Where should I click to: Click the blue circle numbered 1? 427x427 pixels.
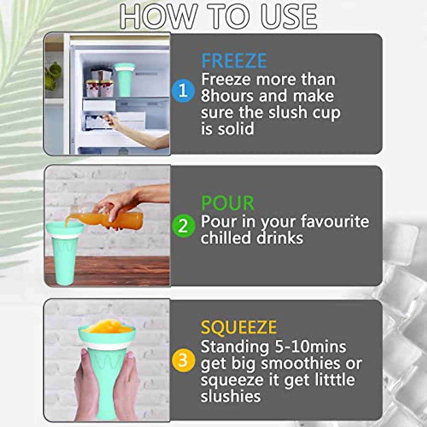click(183, 91)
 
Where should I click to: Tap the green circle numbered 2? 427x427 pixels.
click(183, 226)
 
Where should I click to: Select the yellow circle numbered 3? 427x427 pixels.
click(183, 360)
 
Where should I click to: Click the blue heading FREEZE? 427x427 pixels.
click(234, 61)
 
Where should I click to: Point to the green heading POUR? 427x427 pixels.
click(228, 203)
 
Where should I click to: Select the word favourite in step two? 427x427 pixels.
click(335, 221)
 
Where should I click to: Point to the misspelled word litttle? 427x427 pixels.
click(335, 380)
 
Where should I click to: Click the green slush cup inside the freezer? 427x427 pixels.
click(125, 80)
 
